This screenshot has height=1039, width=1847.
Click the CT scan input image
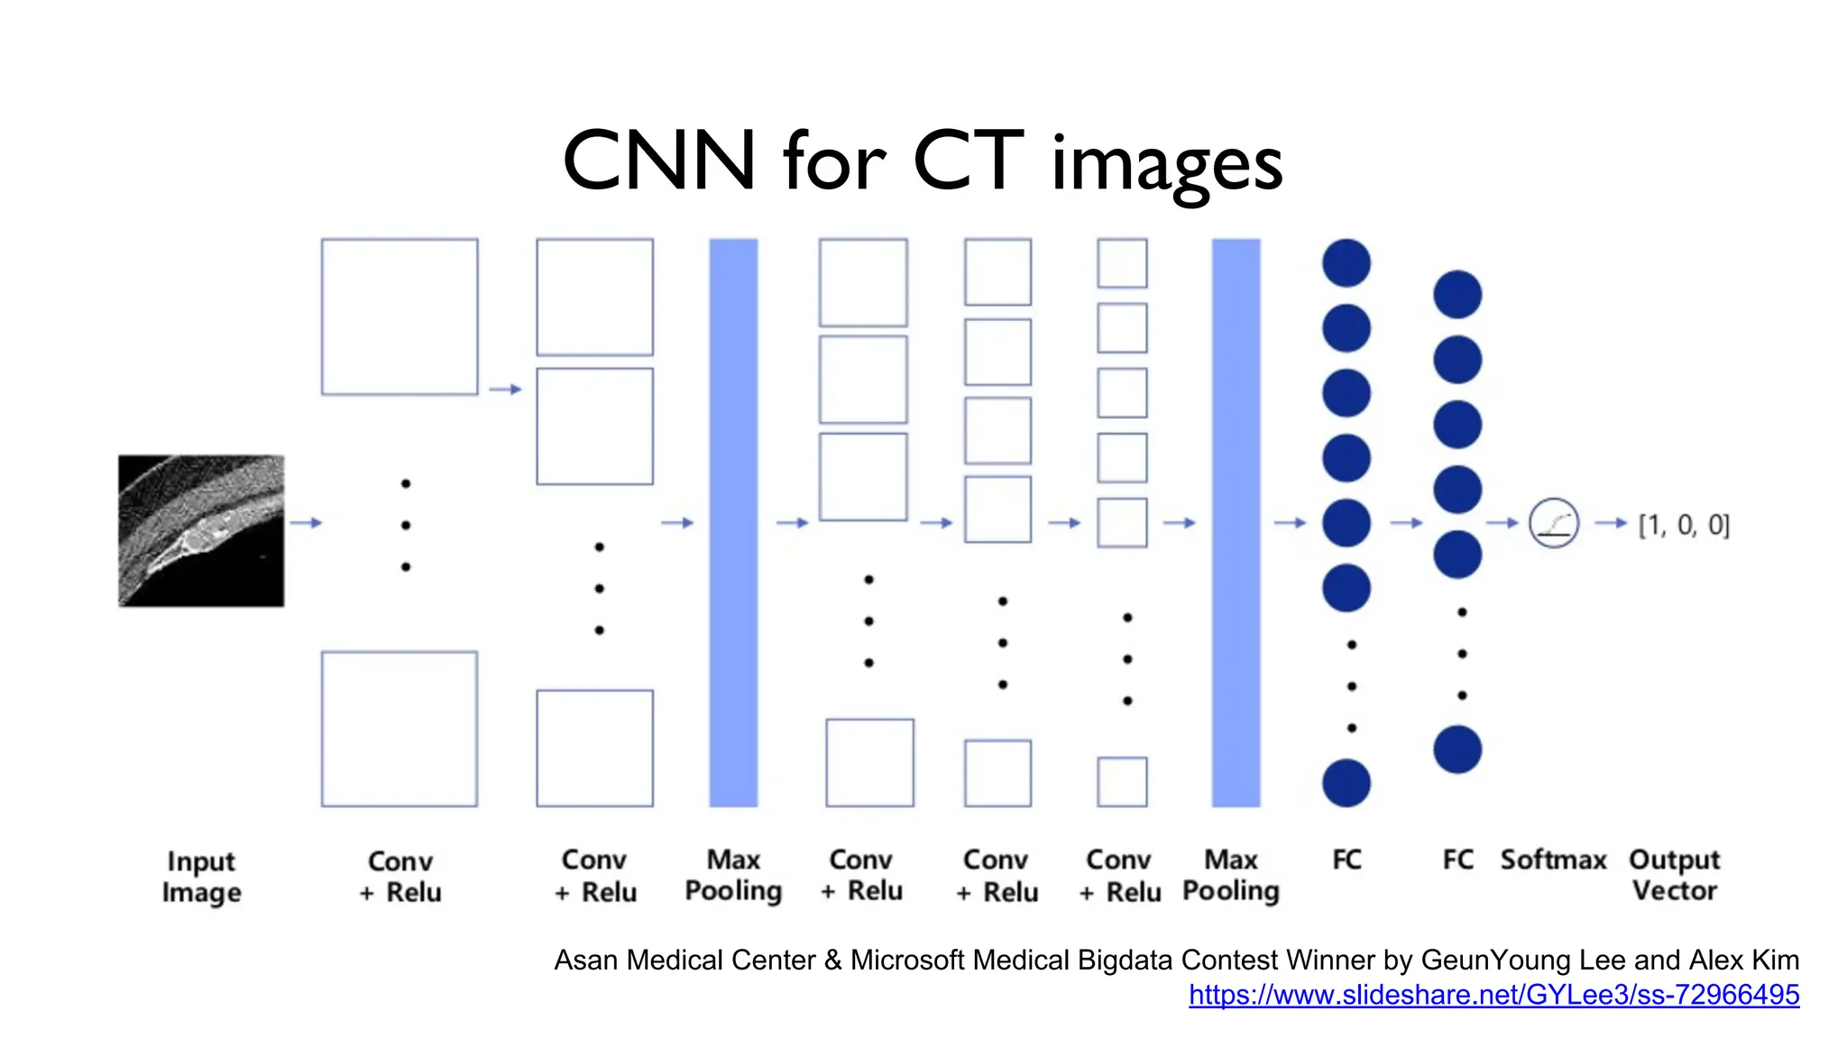click(201, 530)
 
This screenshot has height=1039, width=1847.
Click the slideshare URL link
click(1493, 995)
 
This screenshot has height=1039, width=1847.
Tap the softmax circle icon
click(1554, 523)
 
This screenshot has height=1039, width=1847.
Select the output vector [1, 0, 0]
click(1684, 525)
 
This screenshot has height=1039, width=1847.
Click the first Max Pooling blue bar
click(733, 522)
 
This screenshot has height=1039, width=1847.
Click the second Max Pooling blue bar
click(1236, 522)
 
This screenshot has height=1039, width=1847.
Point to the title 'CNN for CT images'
click(922, 162)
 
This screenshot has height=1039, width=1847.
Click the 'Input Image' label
click(201, 877)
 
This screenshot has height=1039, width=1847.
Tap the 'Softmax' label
click(1553, 860)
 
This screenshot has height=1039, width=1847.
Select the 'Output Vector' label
click(1675, 875)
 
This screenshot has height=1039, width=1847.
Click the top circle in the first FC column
click(1346, 263)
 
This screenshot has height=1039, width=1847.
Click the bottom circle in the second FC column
click(1457, 749)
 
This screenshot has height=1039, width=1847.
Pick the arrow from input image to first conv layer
click(306, 522)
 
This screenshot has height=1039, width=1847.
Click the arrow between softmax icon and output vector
click(1610, 522)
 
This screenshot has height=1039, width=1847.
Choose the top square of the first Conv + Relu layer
click(400, 317)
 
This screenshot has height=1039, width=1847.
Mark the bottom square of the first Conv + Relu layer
click(400, 729)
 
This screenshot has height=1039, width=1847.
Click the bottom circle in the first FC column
click(1346, 783)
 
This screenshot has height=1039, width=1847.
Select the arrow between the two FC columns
click(1406, 522)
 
